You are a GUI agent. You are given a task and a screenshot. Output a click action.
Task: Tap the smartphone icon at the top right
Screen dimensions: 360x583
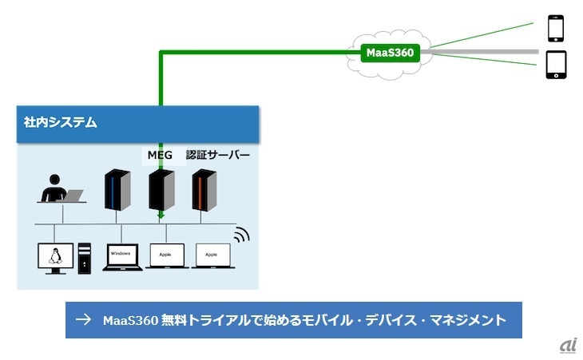[556, 28]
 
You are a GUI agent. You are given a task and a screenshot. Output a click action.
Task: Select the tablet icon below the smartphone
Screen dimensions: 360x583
[556, 65]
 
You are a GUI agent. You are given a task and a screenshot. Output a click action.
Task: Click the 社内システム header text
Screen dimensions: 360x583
[61, 123]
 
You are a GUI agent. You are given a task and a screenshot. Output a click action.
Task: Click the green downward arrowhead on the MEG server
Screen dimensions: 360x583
[161, 214]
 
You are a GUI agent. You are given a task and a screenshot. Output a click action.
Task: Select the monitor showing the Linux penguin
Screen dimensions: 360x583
[55, 258]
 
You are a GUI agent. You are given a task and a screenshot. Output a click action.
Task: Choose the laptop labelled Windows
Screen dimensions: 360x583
[121, 256]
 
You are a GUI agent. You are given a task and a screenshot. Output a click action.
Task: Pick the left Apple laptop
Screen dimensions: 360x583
[165, 256]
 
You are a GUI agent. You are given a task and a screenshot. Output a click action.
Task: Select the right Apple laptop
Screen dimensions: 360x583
[211, 256]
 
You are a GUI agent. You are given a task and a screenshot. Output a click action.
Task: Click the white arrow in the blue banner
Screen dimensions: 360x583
[82, 320]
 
